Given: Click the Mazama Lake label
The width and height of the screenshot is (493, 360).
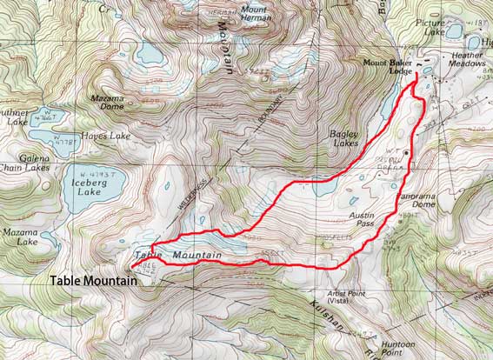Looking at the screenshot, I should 19,238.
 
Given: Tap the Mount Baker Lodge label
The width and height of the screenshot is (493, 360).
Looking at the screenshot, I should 386,67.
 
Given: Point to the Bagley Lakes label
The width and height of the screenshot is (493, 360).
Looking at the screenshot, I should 344,139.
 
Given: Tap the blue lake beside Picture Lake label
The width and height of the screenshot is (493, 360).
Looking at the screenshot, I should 453,31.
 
